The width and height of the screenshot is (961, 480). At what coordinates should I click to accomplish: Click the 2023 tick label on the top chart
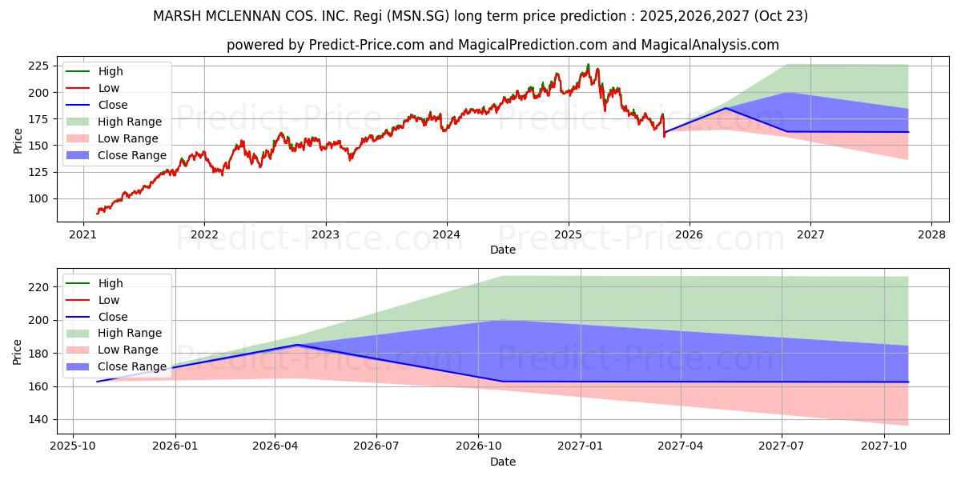(x=325, y=235)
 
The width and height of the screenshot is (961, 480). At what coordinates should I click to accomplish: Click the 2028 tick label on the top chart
(x=931, y=235)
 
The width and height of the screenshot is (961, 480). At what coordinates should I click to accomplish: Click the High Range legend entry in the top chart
(x=129, y=122)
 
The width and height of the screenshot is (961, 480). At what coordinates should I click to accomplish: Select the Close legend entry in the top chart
(x=111, y=105)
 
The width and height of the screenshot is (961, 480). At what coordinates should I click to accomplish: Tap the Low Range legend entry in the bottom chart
(x=127, y=350)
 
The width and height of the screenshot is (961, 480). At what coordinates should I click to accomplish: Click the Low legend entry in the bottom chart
(x=108, y=300)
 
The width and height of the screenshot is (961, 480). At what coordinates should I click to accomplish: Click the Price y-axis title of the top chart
(x=18, y=141)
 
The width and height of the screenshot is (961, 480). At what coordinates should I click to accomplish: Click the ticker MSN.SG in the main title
(x=472, y=16)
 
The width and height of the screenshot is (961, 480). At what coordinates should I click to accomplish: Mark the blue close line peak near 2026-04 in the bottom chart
(x=297, y=345)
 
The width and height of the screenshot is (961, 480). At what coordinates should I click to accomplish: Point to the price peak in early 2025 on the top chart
(x=588, y=65)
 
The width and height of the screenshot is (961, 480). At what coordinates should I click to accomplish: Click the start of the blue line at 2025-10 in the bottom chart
(x=97, y=382)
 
